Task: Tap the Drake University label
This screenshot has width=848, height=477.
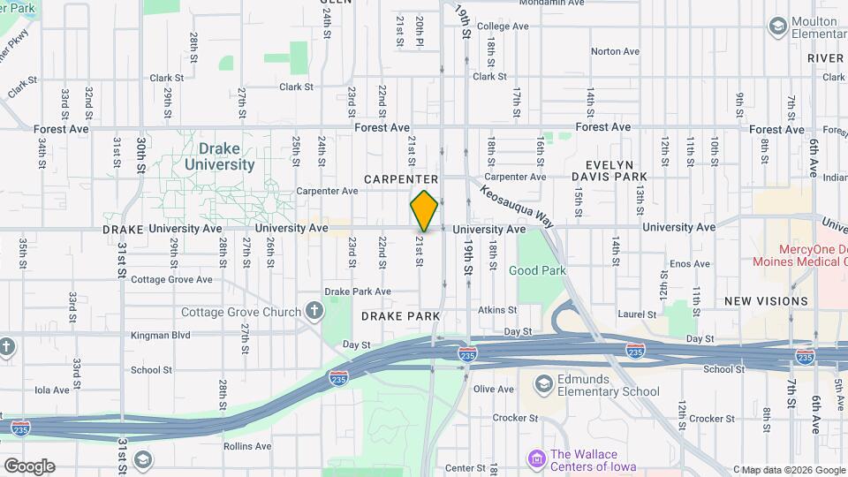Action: coord(220,156)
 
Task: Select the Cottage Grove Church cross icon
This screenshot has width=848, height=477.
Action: coord(314,311)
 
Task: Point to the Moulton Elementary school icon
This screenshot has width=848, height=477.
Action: coord(778,26)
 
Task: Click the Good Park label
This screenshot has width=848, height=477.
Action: coord(536,270)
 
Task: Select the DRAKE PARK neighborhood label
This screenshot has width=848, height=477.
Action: coord(400,315)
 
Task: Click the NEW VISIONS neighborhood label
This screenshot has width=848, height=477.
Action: coord(766,301)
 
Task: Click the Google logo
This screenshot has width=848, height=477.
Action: coord(28,466)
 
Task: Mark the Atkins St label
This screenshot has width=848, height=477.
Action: coord(497,310)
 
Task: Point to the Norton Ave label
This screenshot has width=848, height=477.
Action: coord(615,51)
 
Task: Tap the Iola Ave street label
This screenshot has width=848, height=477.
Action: coord(50,390)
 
